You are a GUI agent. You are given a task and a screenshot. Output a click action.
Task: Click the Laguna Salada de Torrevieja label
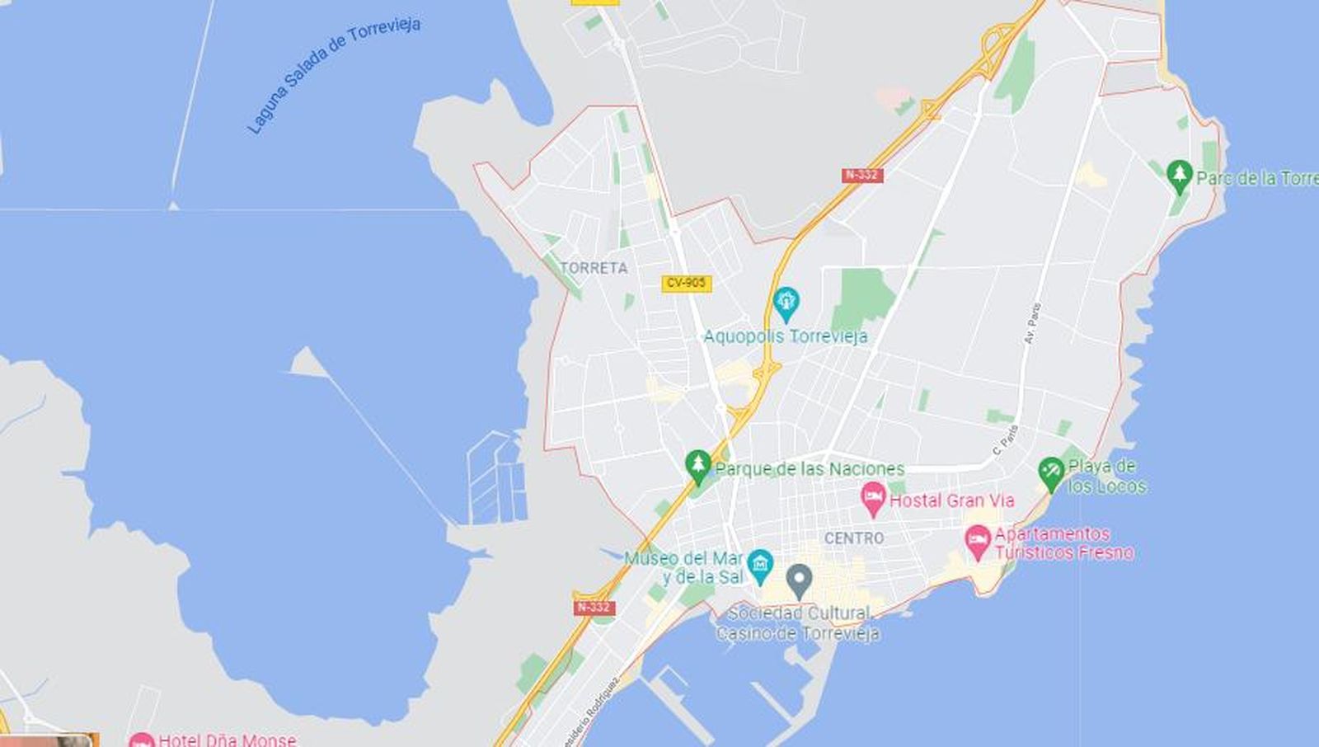pos(333,74)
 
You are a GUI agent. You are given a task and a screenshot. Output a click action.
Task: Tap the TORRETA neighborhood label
pos(594,268)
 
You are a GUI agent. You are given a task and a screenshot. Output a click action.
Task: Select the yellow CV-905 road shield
pos(686,283)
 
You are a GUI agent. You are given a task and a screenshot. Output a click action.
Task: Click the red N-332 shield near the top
pos(862,175)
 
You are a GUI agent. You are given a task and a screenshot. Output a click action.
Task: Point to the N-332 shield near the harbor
pos(594,607)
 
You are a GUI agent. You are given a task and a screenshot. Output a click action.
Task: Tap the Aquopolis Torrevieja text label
pos(785,336)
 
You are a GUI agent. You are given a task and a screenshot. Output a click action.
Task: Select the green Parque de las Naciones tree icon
pos(698,466)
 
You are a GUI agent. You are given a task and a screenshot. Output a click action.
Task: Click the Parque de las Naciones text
pos(810,469)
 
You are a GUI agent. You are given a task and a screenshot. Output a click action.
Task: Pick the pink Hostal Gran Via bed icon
pos(872,498)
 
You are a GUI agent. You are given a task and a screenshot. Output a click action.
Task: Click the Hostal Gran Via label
pos(952,500)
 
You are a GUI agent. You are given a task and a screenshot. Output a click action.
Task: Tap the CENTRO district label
pos(854,538)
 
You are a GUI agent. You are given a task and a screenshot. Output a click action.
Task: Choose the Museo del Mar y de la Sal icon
pos(759,565)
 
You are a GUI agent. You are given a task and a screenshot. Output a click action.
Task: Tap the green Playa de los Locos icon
pos(1050,473)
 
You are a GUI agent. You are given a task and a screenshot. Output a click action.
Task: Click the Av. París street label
pos(1032,323)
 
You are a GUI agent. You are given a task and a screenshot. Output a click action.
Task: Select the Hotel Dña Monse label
pos(227,740)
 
